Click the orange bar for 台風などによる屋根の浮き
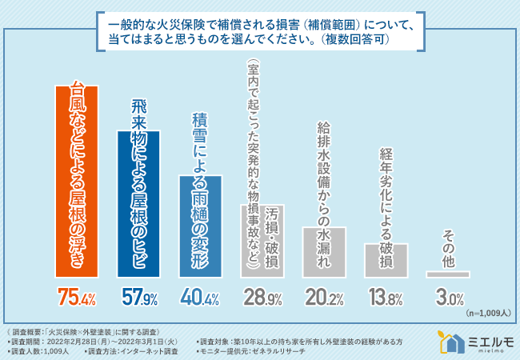click(77, 180)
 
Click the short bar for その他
click(448, 274)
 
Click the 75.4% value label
click(77, 299)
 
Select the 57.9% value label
click(138, 299)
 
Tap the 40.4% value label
click(201, 299)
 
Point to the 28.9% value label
click(262, 299)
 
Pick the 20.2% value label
click(325, 299)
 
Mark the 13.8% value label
click(386, 299)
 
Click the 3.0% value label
click(448, 299)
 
